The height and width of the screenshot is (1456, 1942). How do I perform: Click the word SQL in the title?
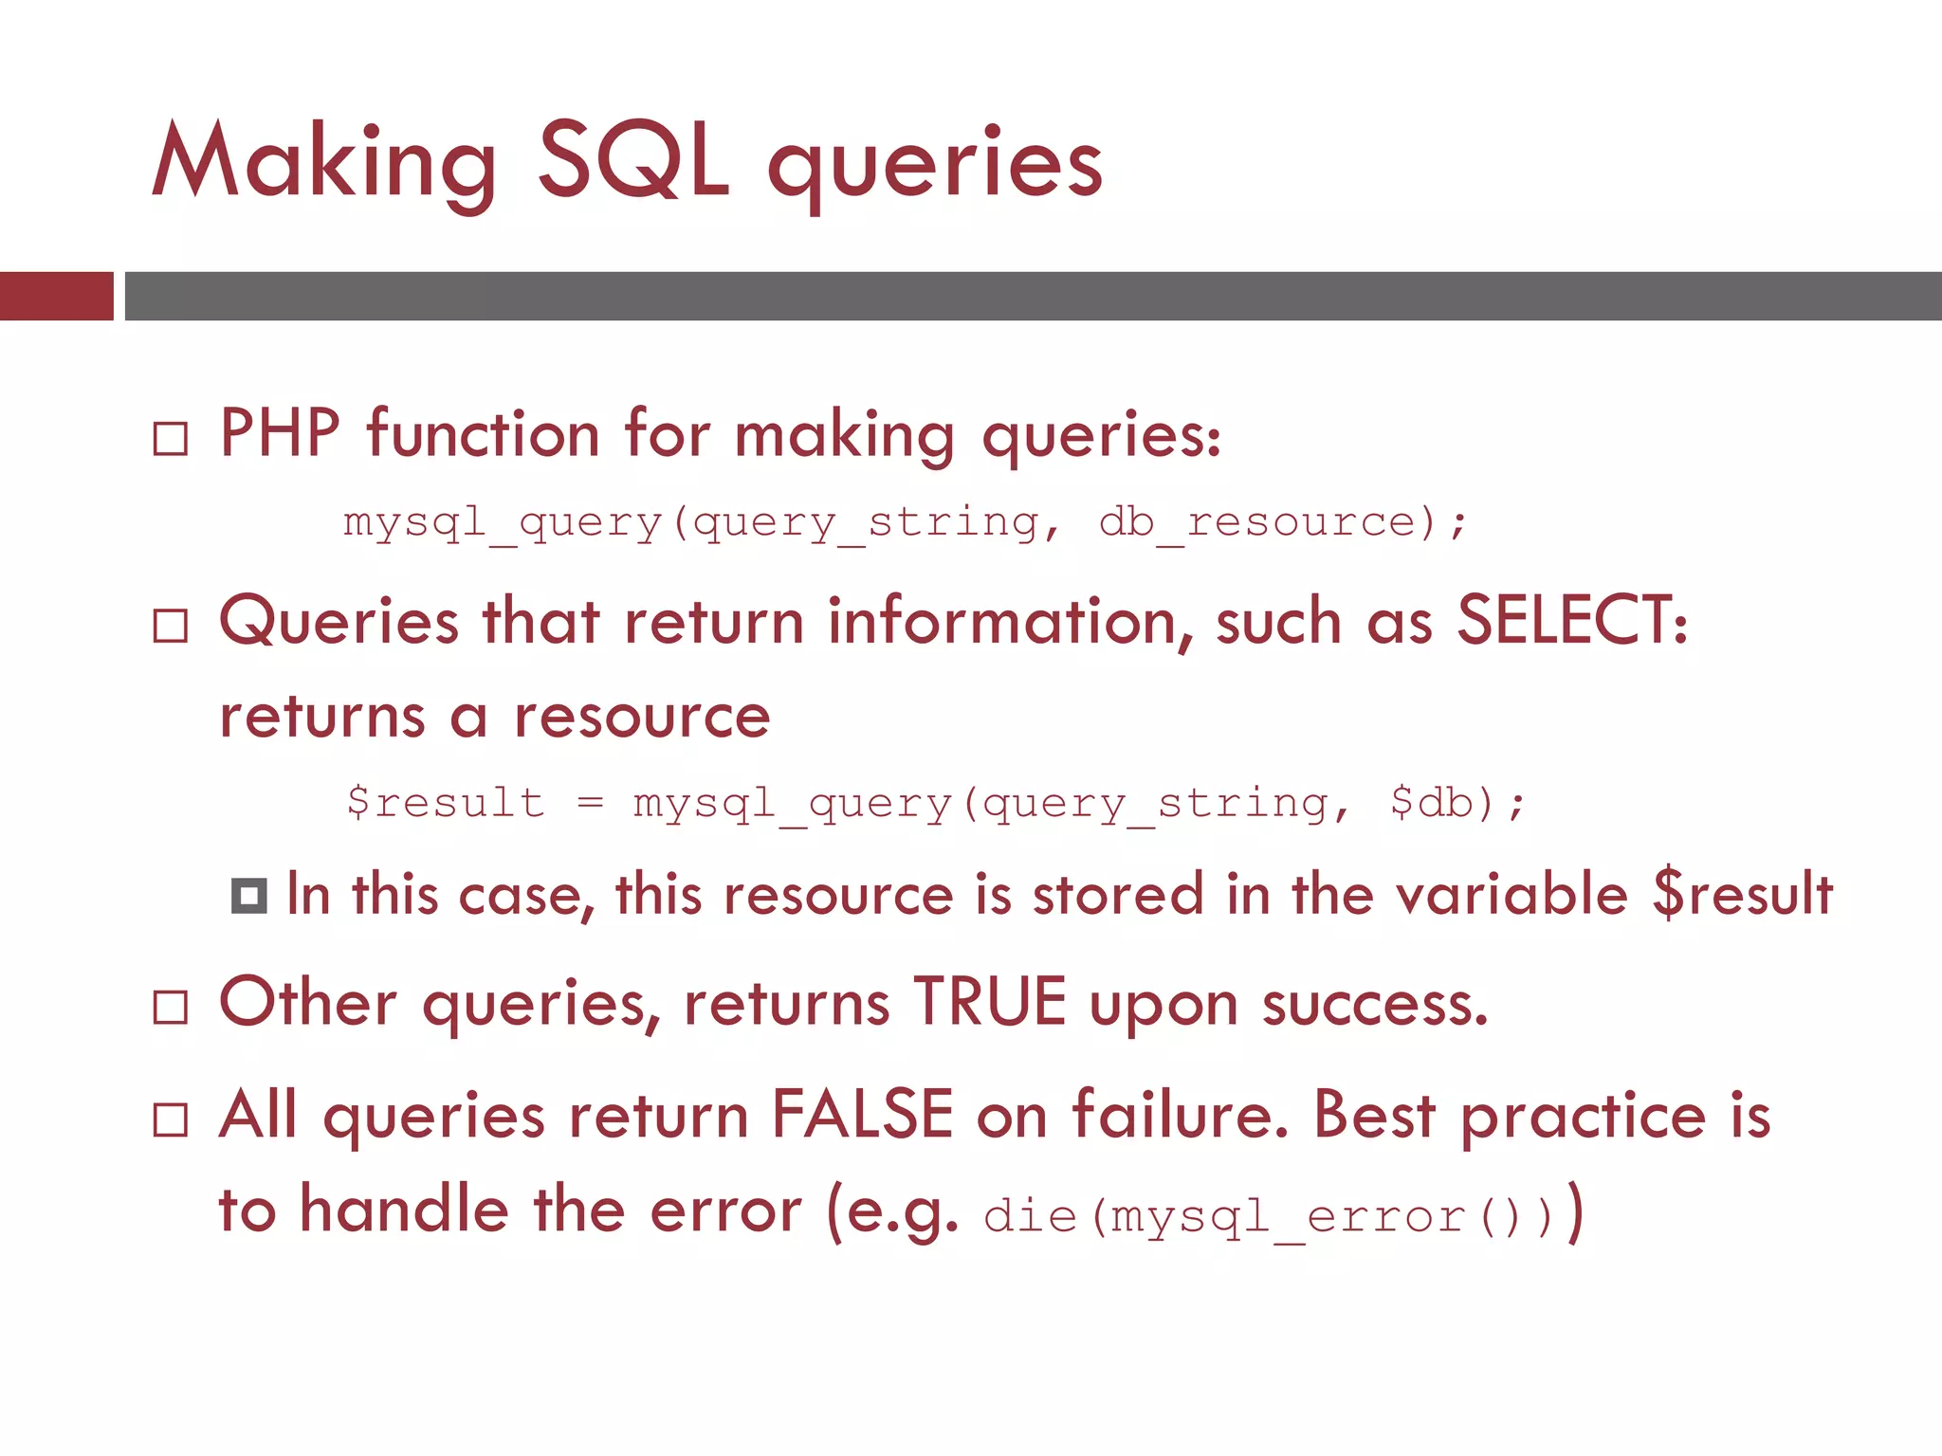633,161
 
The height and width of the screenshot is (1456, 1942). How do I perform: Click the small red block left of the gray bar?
57,296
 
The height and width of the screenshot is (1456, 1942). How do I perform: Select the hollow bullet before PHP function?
171,439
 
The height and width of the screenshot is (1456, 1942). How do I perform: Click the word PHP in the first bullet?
280,434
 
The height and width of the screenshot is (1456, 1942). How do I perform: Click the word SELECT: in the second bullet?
1572,621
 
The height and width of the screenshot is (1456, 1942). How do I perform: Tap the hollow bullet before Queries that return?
171,626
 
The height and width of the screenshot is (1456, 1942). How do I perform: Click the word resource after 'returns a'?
642,717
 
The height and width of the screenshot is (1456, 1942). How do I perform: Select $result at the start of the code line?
446,803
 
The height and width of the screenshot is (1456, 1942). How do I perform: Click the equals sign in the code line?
590,803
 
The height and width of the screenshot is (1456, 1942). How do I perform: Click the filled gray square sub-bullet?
249,896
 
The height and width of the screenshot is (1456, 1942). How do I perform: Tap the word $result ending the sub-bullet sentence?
1742,894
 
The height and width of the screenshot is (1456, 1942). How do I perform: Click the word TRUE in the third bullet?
990,1002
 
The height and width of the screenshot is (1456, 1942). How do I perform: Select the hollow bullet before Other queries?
171,1007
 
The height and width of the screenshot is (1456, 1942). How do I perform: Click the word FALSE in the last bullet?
861,1115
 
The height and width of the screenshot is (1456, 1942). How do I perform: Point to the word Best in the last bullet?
1374,1115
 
